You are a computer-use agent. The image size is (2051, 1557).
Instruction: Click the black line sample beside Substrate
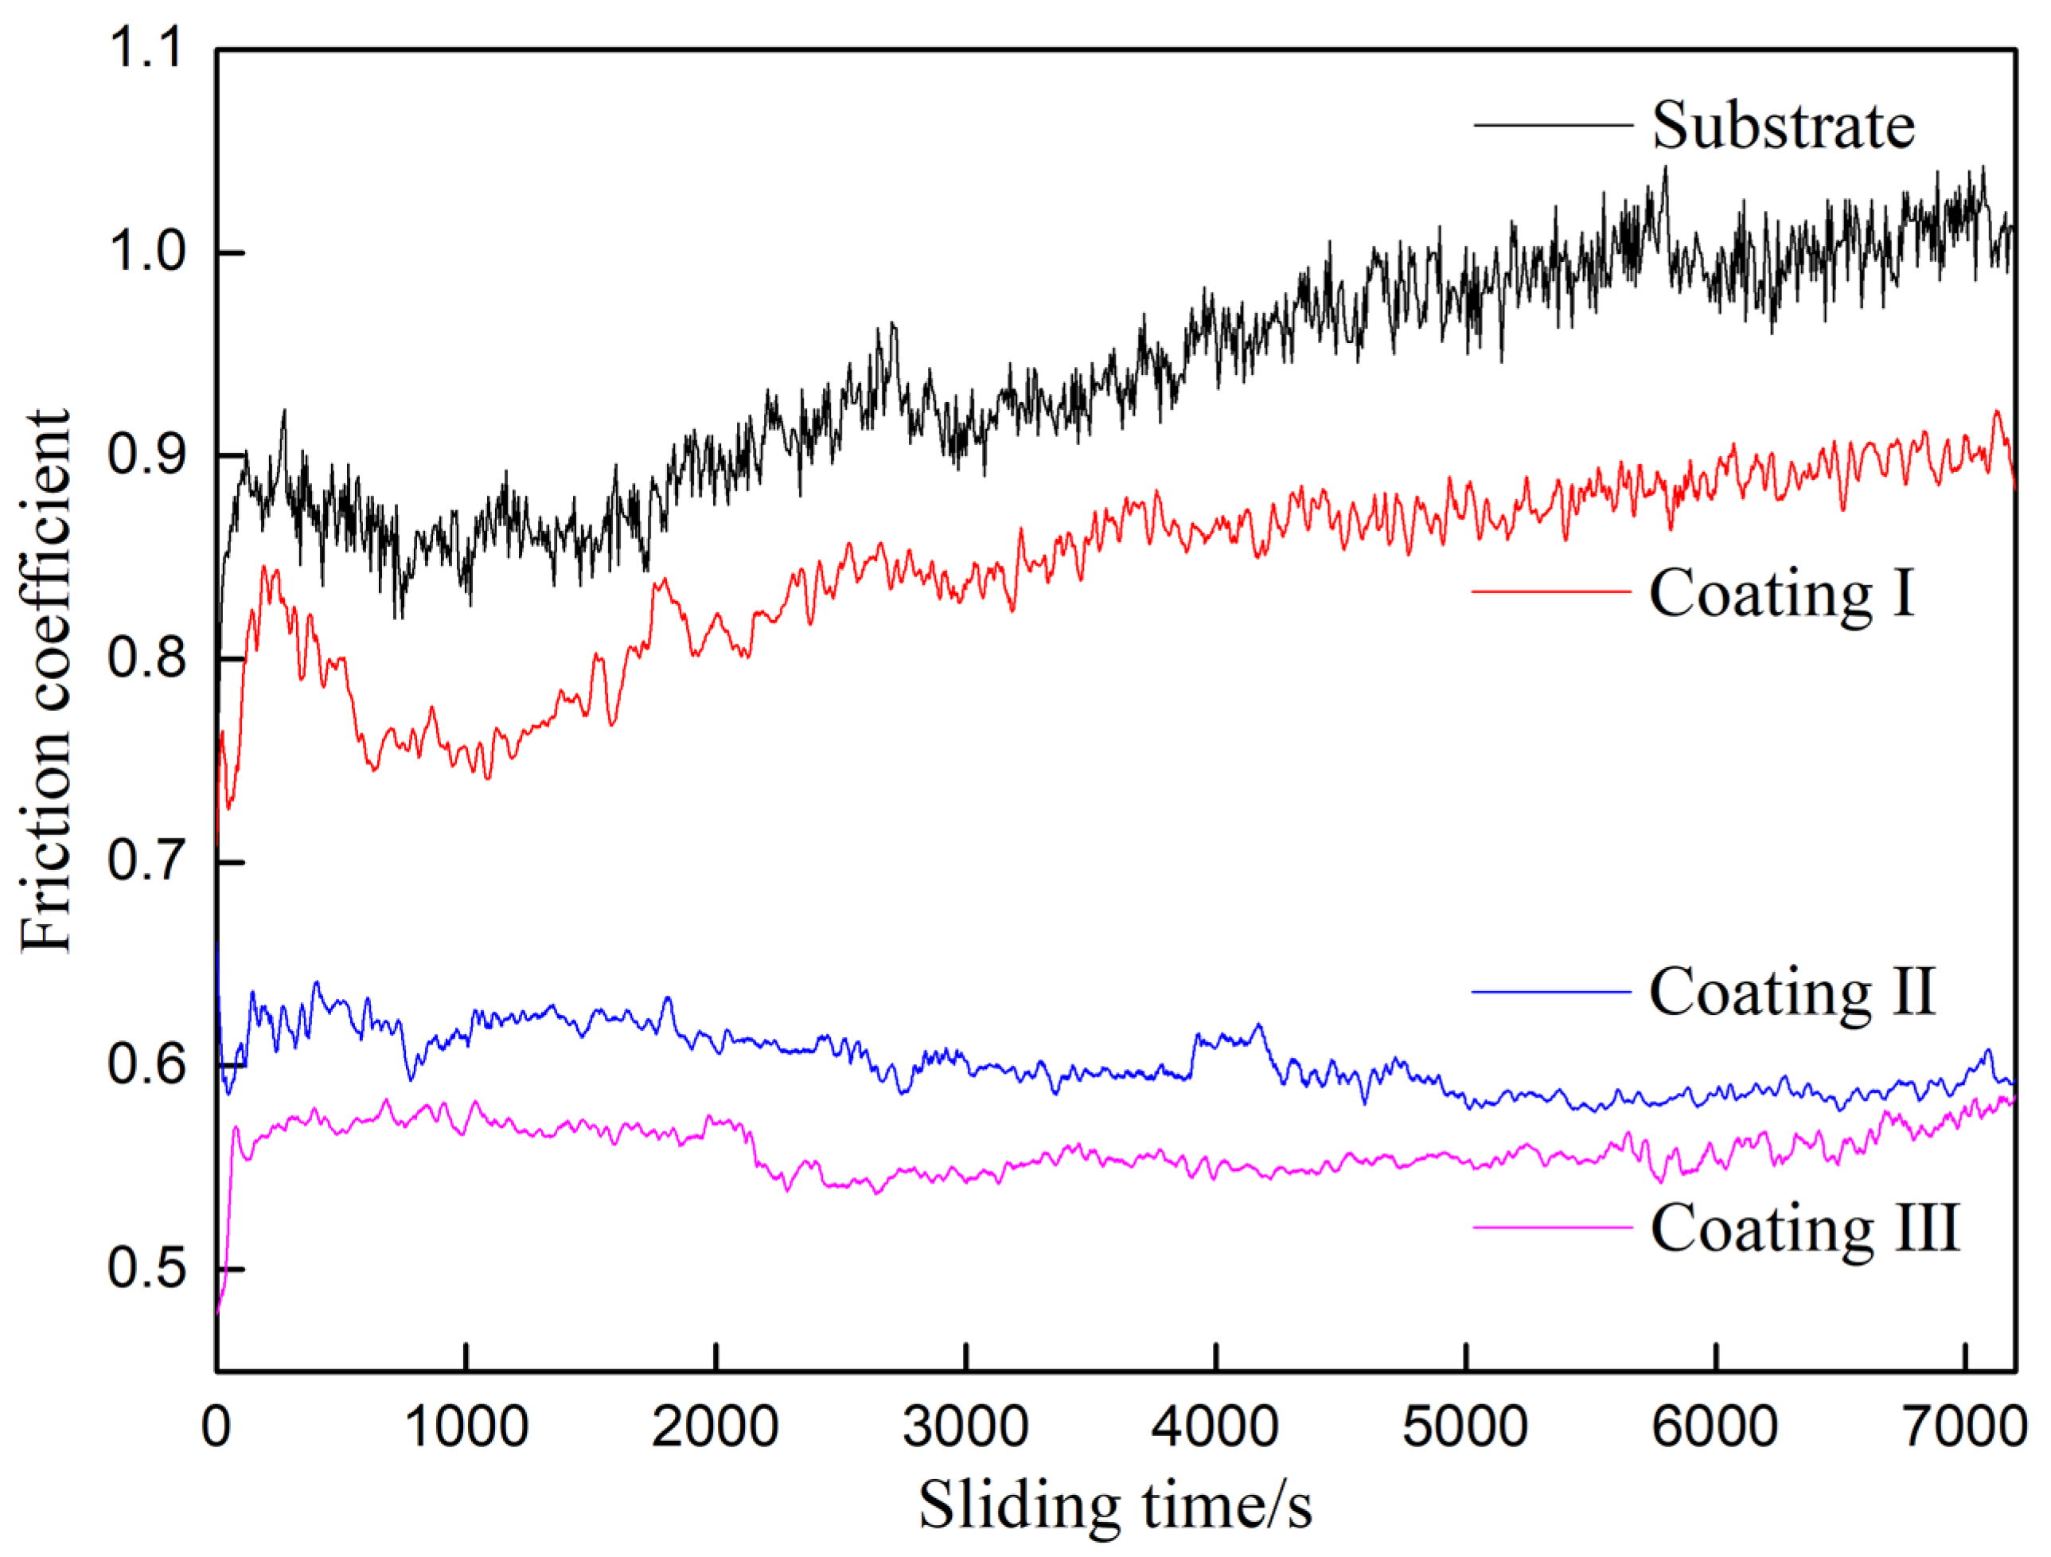pyautogui.click(x=1552, y=125)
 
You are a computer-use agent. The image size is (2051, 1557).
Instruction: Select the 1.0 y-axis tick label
pyautogui.click(x=146, y=252)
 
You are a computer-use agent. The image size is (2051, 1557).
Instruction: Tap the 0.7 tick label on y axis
pyautogui.click(x=146, y=862)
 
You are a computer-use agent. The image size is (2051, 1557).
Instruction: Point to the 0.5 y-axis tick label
pyautogui.click(x=146, y=1269)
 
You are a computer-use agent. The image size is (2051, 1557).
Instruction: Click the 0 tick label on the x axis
pyautogui.click(x=216, y=1426)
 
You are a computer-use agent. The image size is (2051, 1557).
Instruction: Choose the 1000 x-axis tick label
pyautogui.click(x=466, y=1426)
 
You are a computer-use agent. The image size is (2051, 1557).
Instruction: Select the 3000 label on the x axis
pyautogui.click(x=965, y=1426)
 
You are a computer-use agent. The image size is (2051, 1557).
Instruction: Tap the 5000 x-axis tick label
pyautogui.click(x=1465, y=1426)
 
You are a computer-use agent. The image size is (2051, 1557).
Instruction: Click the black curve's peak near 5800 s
pyautogui.click(x=1665, y=169)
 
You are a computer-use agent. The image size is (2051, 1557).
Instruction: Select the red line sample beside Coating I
pyautogui.click(x=1551, y=591)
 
